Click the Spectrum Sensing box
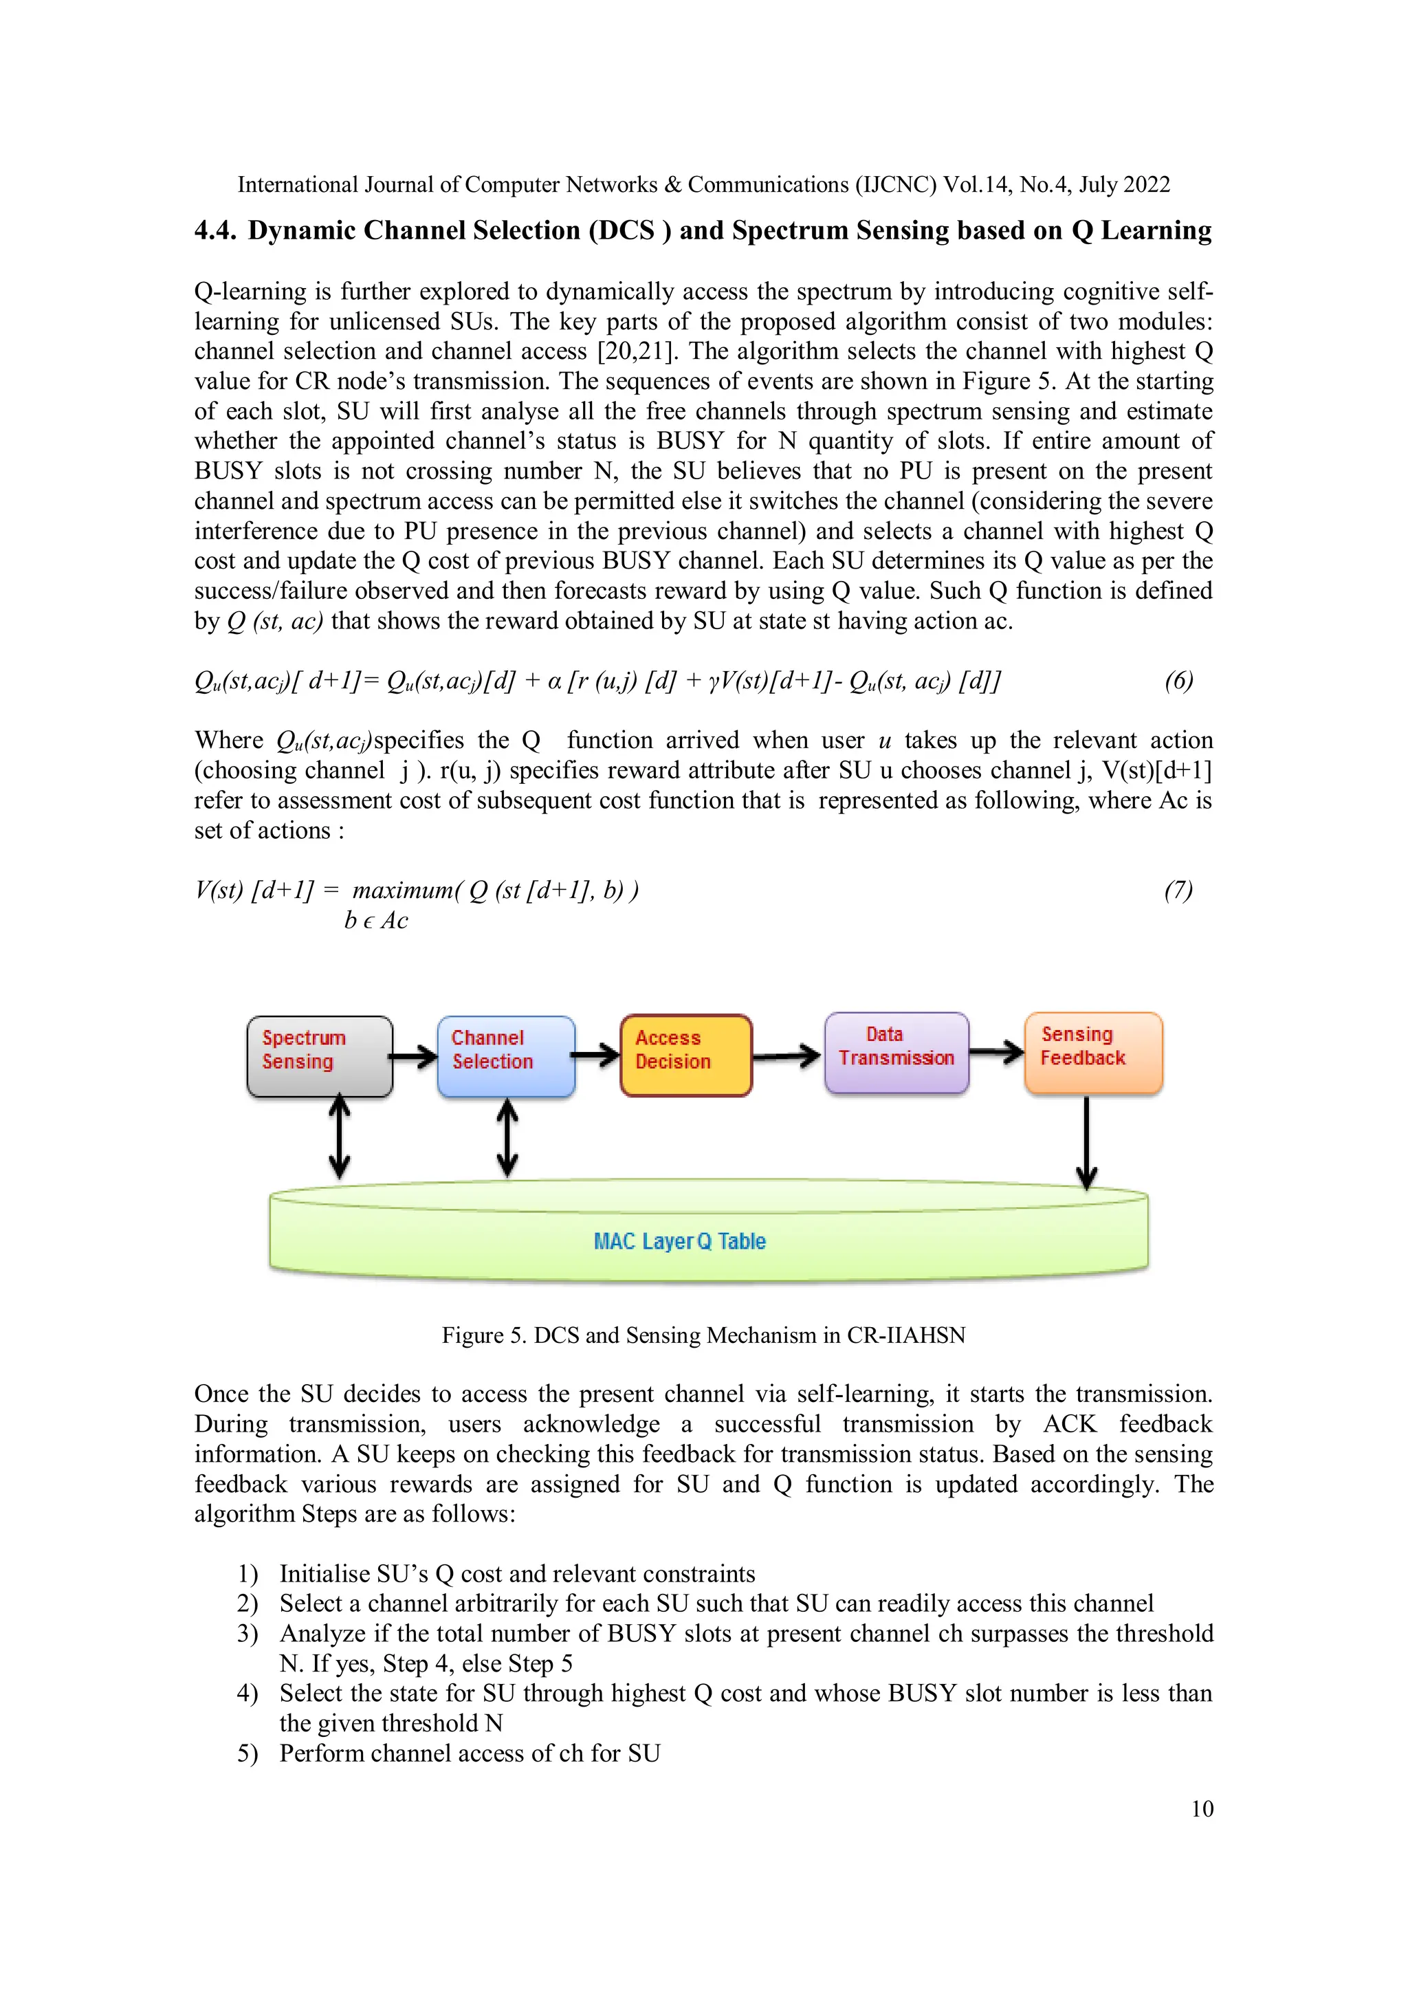pyautogui.click(x=319, y=1056)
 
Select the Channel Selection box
pyautogui.click(x=506, y=1056)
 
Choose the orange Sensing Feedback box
pyautogui.click(x=1092, y=1051)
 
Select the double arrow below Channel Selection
pyautogui.click(x=507, y=1137)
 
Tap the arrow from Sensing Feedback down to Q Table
pyautogui.click(x=1086, y=1141)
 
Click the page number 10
pyautogui.click(x=1202, y=1809)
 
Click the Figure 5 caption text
pyautogui.click(x=703, y=1335)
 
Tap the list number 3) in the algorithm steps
pyautogui.click(x=247, y=1634)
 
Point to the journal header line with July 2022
pyautogui.click(x=703, y=185)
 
